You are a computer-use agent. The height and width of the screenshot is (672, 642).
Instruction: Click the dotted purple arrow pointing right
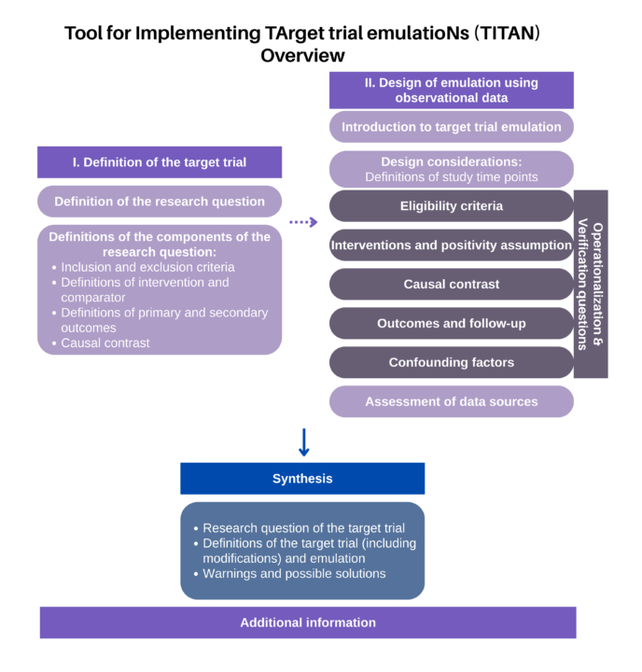pos(303,222)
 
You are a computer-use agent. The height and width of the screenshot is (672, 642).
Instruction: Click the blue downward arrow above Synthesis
pos(304,441)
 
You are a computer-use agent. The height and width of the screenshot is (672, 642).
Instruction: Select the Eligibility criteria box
pos(452,206)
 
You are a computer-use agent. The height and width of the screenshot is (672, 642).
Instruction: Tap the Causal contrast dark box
pos(452,284)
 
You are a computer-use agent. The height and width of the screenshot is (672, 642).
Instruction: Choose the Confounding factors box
pos(452,362)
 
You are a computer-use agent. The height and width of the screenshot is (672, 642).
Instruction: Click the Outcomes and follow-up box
pos(452,323)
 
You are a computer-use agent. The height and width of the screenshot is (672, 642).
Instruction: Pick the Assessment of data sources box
pos(452,401)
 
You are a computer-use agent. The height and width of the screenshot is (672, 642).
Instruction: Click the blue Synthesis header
pos(302,478)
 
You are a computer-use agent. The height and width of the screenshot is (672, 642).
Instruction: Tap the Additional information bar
pos(308,623)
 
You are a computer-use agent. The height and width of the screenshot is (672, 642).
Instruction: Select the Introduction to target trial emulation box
pos(452,127)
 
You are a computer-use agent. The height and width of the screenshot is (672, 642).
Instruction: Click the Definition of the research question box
pos(160,202)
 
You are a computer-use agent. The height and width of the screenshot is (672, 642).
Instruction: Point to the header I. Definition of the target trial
pos(160,162)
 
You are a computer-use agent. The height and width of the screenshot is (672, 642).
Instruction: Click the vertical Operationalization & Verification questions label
pos(591,284)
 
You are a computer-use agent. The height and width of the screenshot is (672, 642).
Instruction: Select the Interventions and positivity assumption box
pos(452,245)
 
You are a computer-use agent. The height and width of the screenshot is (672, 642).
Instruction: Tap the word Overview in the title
pos(302,56)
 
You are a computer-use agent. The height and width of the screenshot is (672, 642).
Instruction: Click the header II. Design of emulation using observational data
pos(452,90)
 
